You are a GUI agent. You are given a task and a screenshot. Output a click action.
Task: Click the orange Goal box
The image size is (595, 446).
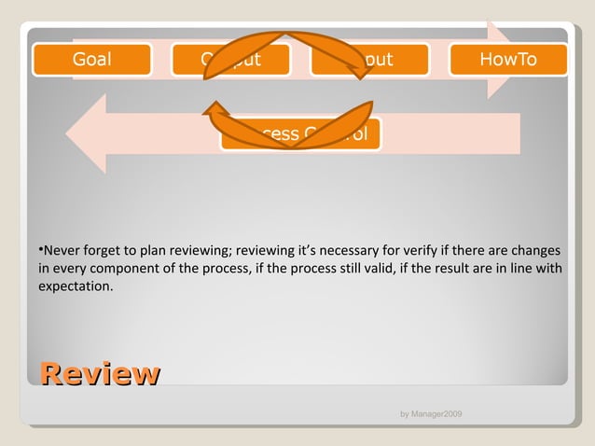click(91, 60)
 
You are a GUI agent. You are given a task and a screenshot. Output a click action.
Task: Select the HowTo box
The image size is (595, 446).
click(508, 60)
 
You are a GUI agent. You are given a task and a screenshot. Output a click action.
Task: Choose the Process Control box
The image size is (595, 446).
click(300, 134)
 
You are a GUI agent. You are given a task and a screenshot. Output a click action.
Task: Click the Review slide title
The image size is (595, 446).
click(99, 374)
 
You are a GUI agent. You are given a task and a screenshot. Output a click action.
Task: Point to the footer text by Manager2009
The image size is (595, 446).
click(431, 413)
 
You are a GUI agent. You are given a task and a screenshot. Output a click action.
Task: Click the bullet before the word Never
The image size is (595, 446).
click(41, 250)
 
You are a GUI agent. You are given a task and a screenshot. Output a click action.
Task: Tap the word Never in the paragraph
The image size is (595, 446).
click(62, 251)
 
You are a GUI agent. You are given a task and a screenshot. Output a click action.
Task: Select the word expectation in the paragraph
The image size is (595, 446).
click(75, 286)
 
